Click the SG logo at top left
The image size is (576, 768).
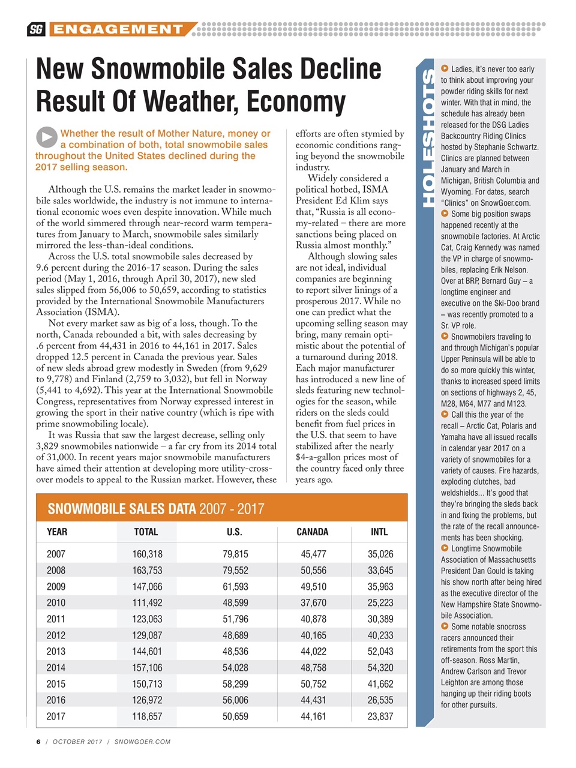36,29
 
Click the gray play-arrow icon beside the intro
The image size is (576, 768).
46,137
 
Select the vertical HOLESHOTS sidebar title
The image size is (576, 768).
427,138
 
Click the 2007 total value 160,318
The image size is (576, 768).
147,554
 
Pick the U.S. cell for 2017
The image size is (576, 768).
235,716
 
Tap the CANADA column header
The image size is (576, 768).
313,532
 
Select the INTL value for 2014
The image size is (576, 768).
380,667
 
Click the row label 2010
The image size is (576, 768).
56,602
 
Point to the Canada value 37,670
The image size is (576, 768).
313,602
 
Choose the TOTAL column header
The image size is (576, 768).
146,532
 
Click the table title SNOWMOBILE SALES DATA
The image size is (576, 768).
122,509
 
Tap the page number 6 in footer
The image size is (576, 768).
38,742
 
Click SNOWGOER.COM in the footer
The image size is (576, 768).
142,742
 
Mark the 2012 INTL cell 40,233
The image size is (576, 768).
380,635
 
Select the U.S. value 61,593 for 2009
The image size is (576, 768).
235,586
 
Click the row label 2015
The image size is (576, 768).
56,683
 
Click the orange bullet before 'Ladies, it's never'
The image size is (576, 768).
445,69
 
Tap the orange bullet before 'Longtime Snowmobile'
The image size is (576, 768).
445,548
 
